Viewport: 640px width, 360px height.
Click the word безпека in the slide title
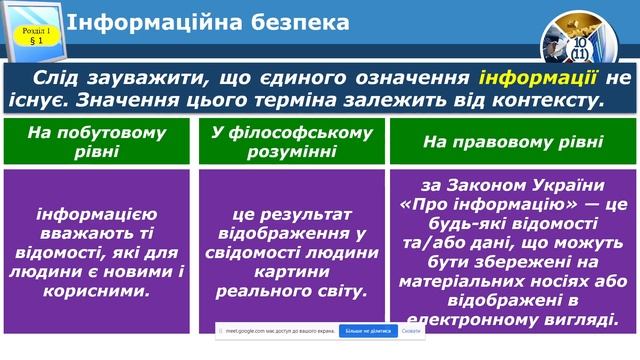coord(299,22)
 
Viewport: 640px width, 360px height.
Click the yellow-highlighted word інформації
coord(540,79)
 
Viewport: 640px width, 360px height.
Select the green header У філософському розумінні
coord(291,141)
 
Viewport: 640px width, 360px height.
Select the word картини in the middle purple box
coord(291,273)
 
